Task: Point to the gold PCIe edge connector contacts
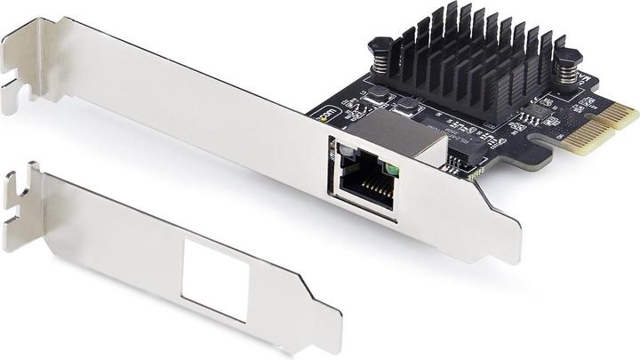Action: tap(613, 124)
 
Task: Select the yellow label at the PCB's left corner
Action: tap(328, 115)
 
